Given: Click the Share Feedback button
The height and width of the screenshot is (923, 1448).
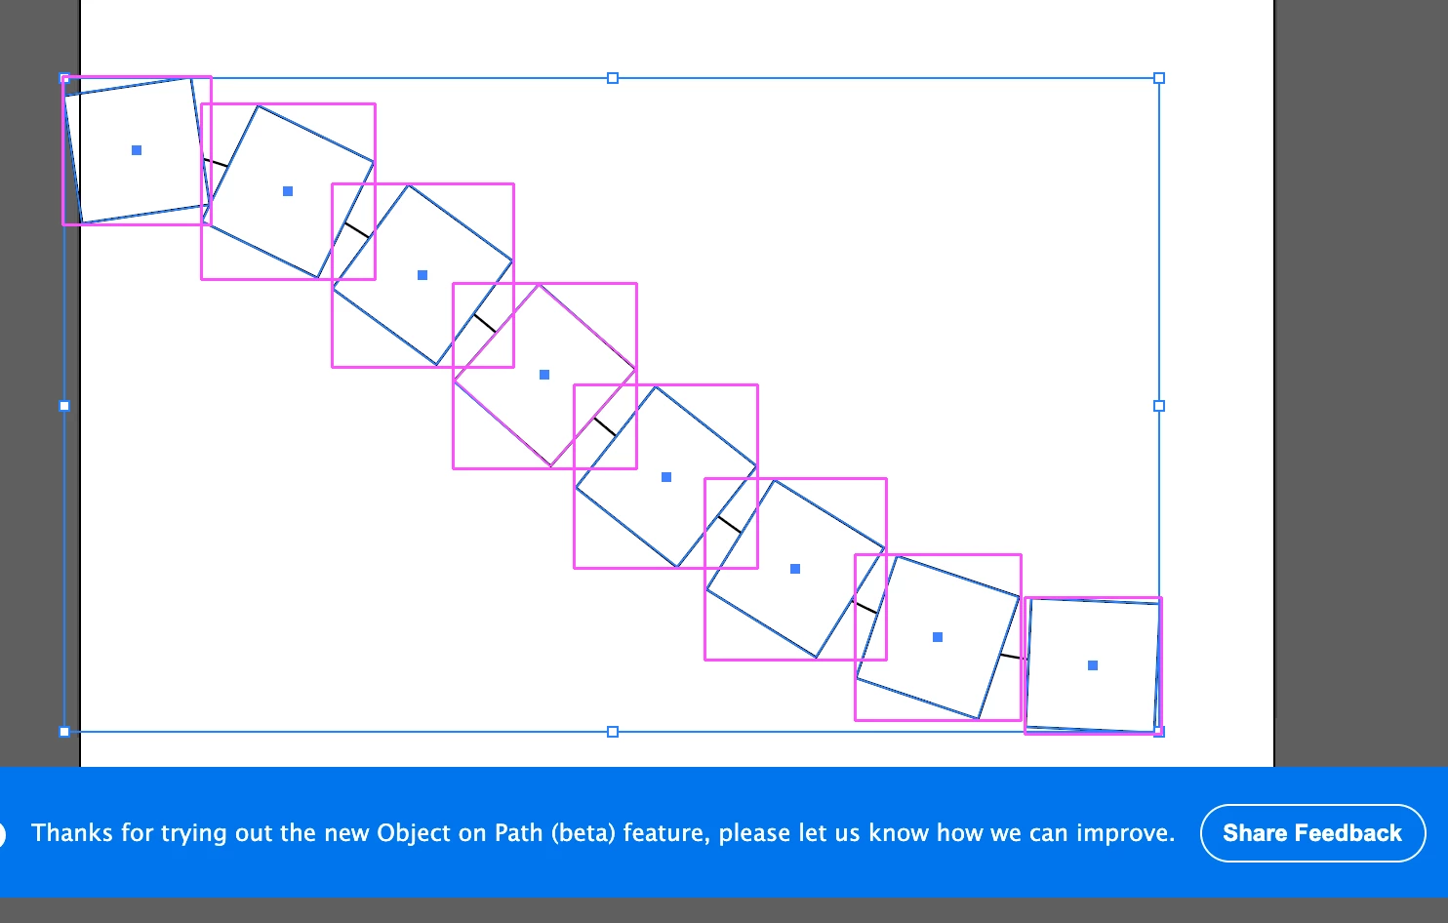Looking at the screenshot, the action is [1313, 833].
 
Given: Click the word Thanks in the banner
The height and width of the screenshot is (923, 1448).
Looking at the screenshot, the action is [72, 833].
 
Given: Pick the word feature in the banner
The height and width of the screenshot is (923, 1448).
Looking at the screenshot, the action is [666, 834].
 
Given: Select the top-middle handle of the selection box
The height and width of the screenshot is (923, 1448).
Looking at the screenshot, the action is [613, 78].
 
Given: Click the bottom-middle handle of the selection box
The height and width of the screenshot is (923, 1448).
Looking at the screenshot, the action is [613, 732].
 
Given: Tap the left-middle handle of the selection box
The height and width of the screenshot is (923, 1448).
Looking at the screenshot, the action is [64, 406].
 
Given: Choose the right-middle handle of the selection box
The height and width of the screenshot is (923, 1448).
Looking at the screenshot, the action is [1159, 406].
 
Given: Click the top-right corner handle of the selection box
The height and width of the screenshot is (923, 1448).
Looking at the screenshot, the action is [1159, 78].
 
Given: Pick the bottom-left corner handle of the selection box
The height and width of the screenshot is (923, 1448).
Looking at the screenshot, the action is [64, 732].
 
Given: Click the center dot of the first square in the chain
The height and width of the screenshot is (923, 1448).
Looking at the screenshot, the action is [137, 150].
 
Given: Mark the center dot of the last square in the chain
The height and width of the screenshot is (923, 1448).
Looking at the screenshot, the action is [1093, 665].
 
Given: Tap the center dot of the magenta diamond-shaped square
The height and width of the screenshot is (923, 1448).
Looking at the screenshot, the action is [544, 375].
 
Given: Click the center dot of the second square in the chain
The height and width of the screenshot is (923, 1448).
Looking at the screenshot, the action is [288, 190].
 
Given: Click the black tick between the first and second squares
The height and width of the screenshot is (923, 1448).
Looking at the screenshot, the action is [216, 162].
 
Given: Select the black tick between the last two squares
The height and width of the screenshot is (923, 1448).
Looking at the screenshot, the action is [1010, 657].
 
